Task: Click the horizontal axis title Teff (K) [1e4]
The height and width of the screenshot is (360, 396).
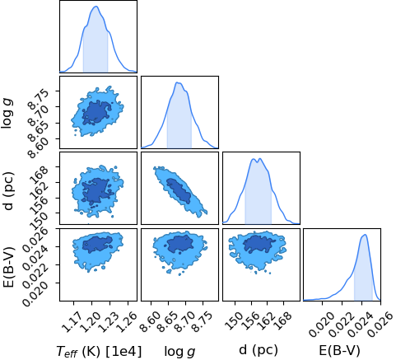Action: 99,351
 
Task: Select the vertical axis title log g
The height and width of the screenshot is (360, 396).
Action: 8,113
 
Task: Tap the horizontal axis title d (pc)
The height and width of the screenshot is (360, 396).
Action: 259,351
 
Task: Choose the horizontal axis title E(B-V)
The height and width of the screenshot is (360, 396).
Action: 339,351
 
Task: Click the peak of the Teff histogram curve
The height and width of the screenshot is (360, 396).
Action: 96,7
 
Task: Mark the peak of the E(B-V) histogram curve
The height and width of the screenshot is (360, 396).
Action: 365,235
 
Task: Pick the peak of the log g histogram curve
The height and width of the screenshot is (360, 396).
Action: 178,82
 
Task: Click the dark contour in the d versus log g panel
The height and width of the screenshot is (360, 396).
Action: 179,190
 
